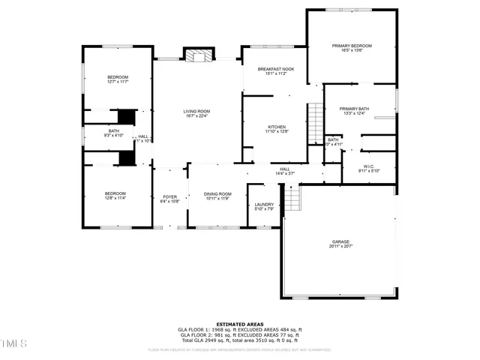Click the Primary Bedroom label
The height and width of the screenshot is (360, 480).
352,48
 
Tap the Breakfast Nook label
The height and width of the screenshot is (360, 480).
277,71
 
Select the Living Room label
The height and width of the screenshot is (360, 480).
196,113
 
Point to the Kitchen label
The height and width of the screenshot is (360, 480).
277,129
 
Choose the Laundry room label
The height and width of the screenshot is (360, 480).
264,206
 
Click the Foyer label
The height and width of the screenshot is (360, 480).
170,199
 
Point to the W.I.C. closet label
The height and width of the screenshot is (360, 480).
369,168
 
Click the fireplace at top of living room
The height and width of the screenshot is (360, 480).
198,57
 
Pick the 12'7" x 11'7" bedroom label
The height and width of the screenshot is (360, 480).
117,79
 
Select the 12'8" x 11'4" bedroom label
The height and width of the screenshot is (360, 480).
115,196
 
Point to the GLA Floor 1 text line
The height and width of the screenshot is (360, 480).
239,330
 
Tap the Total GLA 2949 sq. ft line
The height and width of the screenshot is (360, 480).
239,340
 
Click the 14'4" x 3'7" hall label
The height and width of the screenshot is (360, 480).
285,171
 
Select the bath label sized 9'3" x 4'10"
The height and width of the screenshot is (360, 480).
113,133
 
